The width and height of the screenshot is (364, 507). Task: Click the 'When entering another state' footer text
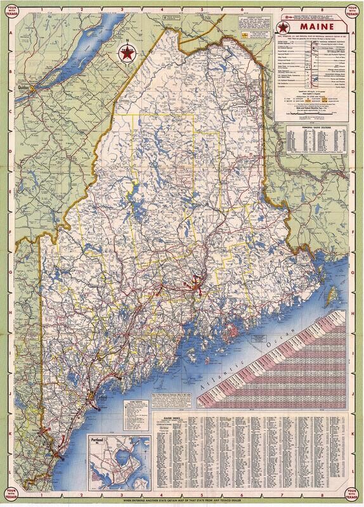tap(181, 500)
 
